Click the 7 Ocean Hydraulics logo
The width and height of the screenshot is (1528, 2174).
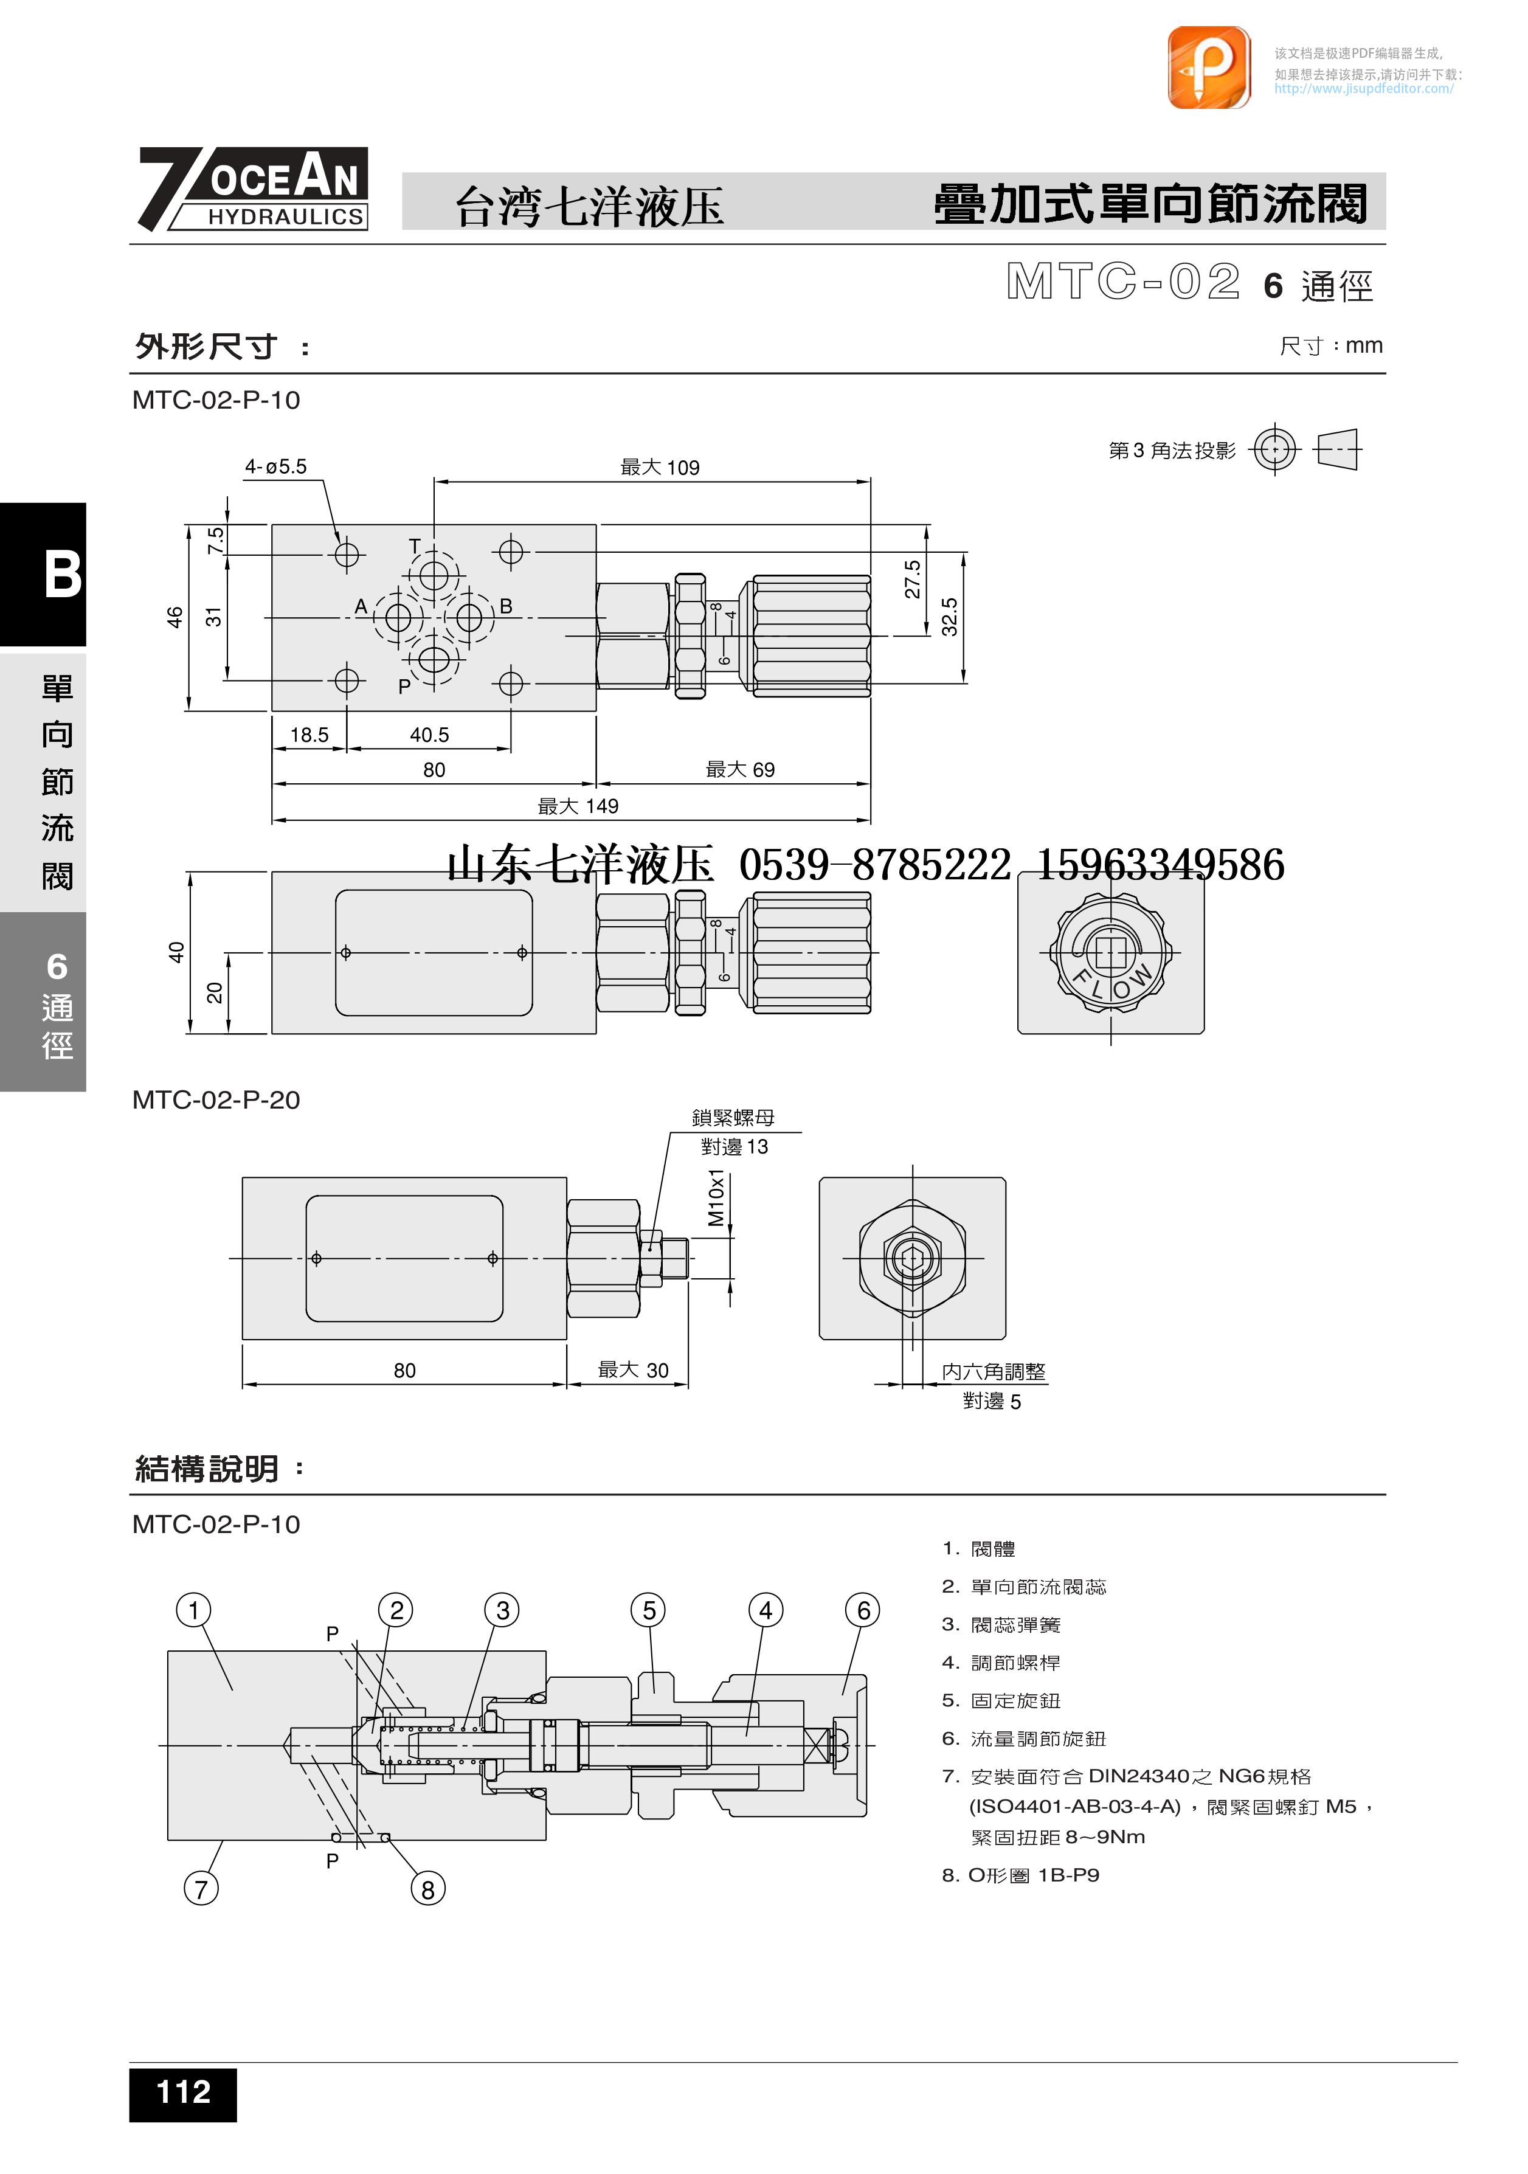coord(253,189)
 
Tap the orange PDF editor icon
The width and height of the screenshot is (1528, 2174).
coord(1208,68)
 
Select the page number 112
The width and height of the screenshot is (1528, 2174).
coord(183,2093)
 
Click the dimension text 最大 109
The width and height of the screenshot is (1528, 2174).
coord(660,468)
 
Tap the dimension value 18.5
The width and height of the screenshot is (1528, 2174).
coord(309,735)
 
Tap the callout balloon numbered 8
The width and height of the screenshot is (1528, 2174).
coord(428,1890)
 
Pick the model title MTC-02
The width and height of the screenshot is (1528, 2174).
coord(1123,282)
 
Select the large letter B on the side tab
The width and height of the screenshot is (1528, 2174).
coord(63,575)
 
